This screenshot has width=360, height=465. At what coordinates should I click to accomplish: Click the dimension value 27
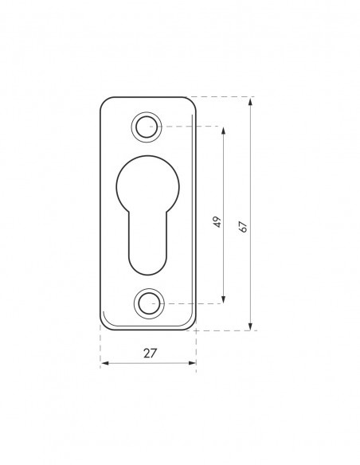pyautogui.click(x=150, y=354)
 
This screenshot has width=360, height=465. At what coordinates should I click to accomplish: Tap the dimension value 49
pyautogui.click(x=217, y=222)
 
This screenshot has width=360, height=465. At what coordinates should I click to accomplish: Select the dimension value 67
pyautogui.click(x=243, y=227)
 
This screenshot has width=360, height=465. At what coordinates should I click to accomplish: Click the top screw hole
pyautogui.click(x=147, y=127)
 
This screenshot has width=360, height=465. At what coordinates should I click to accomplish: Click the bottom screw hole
pyautogui.click(x=149, y=303)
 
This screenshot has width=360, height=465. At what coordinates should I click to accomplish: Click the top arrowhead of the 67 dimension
pyautogui.click(x=250, y=102)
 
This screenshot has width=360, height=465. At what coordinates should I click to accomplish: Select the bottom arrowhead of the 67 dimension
pyautogui.click(x=250, y=326)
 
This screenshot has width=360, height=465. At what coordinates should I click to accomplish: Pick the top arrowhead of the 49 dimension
pyautogui.click(x=223, y=131)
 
